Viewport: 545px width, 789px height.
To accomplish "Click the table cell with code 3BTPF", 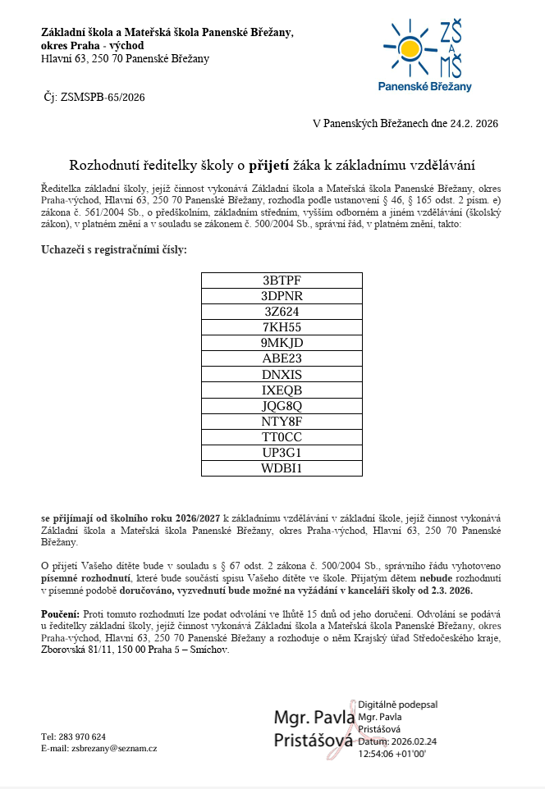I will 282,280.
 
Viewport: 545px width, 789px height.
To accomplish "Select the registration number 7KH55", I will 282,327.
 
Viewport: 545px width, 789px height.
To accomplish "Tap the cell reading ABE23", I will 282,358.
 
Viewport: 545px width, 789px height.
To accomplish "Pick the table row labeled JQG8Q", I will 282,405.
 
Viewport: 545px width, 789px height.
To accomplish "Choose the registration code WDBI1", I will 282,468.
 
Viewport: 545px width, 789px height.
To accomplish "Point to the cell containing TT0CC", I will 282,437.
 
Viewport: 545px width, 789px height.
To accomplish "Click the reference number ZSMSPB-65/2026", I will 103,97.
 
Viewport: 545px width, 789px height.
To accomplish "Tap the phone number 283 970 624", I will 85,736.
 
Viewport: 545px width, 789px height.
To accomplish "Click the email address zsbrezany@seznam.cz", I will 114,748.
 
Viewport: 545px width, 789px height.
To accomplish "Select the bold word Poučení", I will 60,613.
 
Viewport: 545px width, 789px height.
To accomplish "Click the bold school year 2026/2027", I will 196,518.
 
